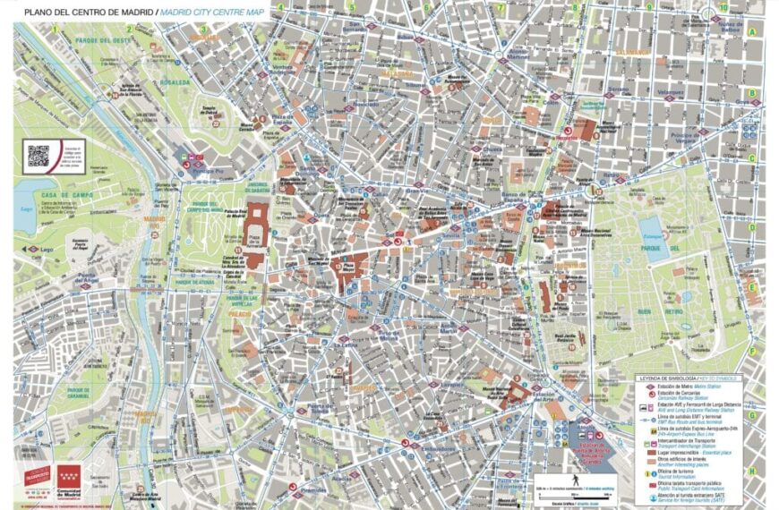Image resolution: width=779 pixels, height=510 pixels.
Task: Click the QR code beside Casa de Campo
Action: [37, 153]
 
